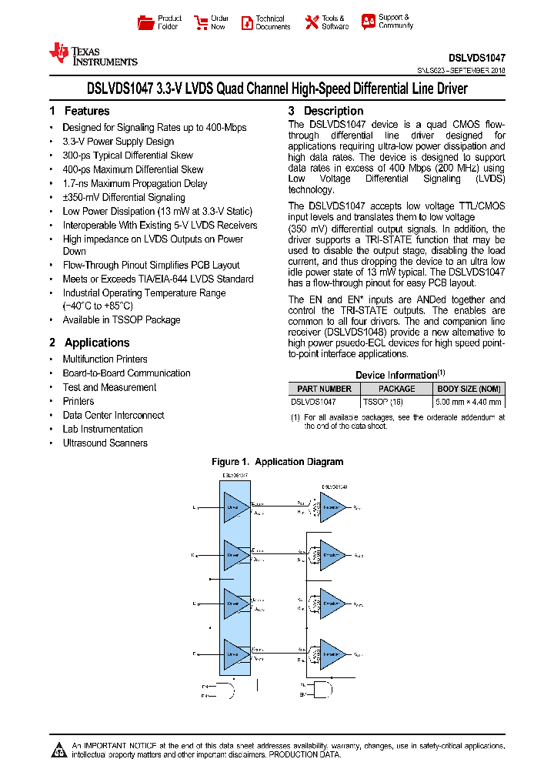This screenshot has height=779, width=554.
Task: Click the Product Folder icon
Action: [145, 22]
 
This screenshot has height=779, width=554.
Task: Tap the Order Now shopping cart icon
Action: [201, 22]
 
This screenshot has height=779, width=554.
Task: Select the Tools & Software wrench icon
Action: [311, 22]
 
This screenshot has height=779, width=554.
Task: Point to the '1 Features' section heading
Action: [79, 111]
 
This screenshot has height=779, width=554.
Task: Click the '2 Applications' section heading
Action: [89, 343]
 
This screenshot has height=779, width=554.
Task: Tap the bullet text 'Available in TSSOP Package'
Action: [122, 319]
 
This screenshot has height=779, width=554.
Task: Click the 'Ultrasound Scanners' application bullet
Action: [105, 443]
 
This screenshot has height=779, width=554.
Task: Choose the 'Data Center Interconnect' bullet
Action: [113, 415]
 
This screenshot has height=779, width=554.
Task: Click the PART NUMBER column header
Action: [324, 389]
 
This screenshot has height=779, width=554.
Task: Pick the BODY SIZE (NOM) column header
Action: [468, 389]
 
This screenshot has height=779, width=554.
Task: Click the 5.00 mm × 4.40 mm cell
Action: [468, 401]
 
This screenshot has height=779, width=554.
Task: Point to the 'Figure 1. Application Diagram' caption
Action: [277, 462]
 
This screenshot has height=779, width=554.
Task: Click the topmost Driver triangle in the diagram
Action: [235, 507]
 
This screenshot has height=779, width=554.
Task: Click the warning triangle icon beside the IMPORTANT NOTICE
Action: [59, 749]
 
